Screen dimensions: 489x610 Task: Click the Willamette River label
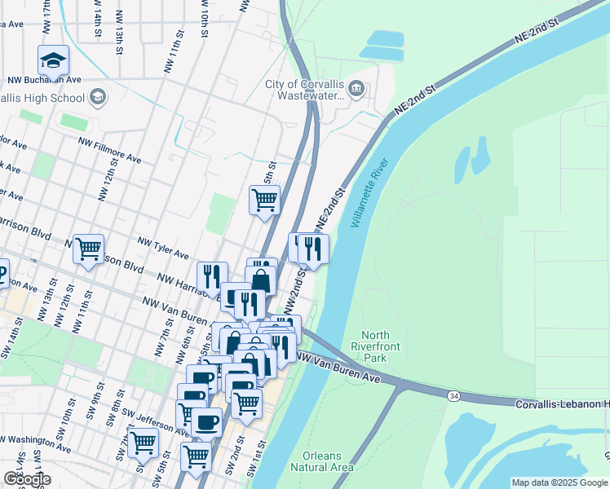(x=372, y=193)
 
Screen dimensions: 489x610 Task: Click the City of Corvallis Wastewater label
(x=303, y=90)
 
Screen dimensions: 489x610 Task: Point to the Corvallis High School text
(x=41, y=99)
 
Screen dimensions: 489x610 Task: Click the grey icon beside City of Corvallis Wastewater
(x=356, y=88)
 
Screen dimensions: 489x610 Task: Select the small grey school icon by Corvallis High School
(x=97, y=98)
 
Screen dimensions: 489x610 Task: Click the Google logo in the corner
(x=27, y=478)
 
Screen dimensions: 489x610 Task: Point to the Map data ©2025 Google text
(x=559, y=482)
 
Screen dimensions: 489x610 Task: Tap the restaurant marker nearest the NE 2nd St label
(x=313, y=249)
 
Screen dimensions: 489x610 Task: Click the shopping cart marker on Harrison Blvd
(x=88, y=249)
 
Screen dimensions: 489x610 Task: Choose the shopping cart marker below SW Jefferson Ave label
(x=143, y=443)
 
